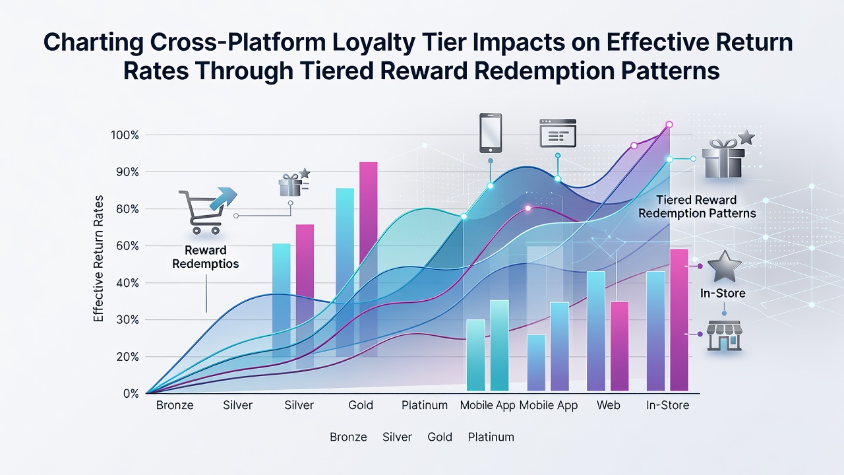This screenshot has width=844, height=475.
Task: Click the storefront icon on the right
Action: [724, 336]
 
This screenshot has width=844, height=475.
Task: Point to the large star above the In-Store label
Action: [724, 267]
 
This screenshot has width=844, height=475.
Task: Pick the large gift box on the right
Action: [723, 158]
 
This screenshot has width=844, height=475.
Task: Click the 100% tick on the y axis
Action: [125, 135]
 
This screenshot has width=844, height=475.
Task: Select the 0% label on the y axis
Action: [131, 394]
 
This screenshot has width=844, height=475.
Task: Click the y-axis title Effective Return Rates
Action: [98, 259]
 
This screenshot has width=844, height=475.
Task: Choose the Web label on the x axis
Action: [608, 405]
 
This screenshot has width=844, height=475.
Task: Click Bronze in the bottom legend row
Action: [348, 437]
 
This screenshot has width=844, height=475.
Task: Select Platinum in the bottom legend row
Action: [491, 437]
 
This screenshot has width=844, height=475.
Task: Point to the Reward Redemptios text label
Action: [206, 257]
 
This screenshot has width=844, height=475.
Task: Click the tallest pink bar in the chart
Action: [369, 259]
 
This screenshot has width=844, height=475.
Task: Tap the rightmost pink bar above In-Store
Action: [679, 320]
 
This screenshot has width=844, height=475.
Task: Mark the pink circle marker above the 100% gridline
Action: [669, 125]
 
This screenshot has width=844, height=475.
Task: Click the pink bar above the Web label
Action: [619, 346]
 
